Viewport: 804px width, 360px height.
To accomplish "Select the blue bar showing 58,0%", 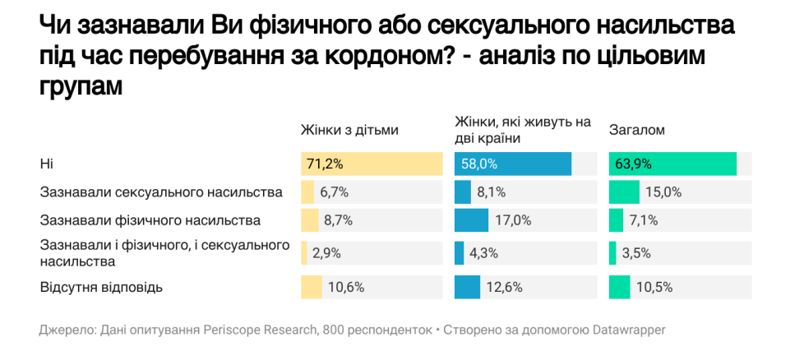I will [513, 164].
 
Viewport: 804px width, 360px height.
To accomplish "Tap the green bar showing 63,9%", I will [672, 164].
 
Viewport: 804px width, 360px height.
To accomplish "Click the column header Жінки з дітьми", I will [349, 130].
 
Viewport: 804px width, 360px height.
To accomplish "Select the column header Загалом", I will [636, 130].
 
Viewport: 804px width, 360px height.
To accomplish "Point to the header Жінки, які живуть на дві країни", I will [523, 129].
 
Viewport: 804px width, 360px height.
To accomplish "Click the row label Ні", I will [47, 164].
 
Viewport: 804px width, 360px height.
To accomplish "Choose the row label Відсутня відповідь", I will [101, 287].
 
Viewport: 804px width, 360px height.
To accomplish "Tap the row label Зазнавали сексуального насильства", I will [161, 192].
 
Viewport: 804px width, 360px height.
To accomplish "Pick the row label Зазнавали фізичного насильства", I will [150, 220].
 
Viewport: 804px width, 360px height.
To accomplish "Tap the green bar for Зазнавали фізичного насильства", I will [616, 220].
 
